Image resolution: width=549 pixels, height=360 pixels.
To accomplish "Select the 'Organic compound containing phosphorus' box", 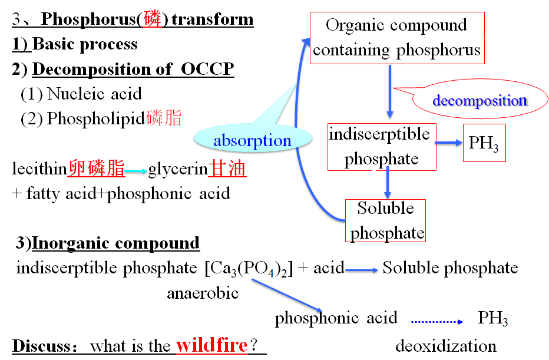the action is coord(396,38).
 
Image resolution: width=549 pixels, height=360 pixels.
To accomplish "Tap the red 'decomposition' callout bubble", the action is coord(479,100).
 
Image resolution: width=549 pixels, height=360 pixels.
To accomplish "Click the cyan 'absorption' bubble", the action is coord(252,141).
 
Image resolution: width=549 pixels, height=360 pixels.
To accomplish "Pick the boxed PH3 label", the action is coord(484,143).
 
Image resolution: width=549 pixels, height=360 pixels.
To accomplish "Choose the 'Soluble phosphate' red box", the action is coord(386,220).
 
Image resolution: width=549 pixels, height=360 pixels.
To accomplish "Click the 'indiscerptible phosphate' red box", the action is coord(381,147).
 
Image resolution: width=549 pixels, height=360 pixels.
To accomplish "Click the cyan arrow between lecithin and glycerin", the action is coord(136,171).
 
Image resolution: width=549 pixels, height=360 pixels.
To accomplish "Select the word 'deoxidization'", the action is coord(445,345).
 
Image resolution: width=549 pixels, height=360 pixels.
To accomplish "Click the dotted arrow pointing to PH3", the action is coord(437,321).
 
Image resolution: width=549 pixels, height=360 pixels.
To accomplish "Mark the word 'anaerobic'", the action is coord(203,293).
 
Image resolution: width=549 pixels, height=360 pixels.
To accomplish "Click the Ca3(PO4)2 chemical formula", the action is coord(248,269).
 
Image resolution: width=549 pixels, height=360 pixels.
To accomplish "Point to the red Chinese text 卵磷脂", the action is coord(97,170).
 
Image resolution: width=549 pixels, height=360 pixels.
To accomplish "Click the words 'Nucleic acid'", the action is coord(94,94).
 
